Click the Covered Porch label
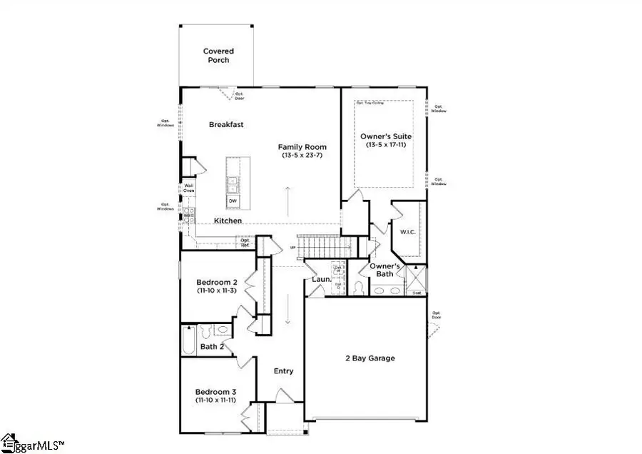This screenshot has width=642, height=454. point(218,56)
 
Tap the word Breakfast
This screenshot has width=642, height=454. point(226,124)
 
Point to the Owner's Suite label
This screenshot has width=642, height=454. point(385,136)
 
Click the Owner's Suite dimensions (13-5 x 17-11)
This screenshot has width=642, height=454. point(385,145)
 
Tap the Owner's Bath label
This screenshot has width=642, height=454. point(385,270)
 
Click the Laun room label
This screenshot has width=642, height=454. point(319,279)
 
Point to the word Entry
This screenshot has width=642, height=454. point(283,371)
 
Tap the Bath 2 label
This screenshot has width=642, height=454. point(212,347)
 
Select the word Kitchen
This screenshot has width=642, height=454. point(228,221)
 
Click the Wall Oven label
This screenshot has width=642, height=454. point(188,188)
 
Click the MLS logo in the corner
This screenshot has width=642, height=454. point(32,443)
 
